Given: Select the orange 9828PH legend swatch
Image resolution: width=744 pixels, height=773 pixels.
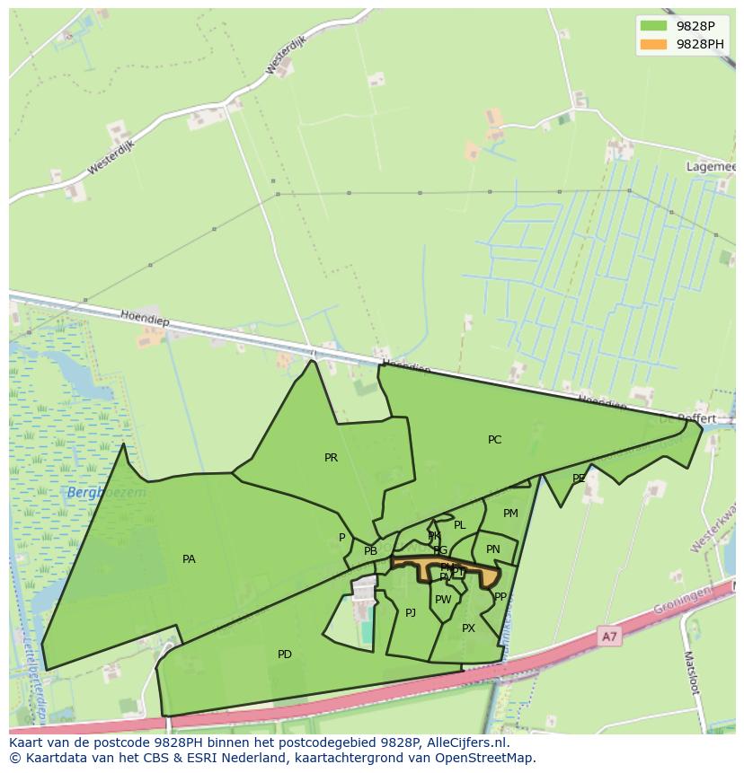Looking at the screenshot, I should point(653,44).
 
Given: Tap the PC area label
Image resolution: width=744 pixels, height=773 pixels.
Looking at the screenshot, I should point(494,440).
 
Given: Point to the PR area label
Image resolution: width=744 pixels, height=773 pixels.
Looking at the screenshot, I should point(331,458).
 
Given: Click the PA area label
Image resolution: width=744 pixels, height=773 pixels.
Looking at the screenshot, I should point(189,559).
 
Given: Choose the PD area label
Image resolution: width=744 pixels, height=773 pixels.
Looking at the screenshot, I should point(284,654).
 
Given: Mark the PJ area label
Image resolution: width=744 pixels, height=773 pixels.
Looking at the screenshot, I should point(411,613).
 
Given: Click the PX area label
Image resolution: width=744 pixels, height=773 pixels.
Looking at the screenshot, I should point(468,628).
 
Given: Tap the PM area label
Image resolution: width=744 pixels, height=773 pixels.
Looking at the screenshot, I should point(510,514).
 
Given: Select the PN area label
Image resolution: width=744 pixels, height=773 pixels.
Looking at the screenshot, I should point(492,549).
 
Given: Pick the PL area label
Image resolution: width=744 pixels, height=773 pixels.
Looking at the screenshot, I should point(459,525).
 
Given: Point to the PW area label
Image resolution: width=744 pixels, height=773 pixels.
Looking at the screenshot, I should point(443,600).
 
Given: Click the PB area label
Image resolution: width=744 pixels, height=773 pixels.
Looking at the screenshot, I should point(370,551).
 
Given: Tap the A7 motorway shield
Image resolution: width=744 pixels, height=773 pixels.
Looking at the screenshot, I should point(609,637).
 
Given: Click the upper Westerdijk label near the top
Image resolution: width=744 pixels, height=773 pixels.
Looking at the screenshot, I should point(286,57).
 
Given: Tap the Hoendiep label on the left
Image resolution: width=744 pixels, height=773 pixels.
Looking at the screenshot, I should point(144,317).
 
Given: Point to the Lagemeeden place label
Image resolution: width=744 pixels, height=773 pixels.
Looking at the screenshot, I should point(711,167).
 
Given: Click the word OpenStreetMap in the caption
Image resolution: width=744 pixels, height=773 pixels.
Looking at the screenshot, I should point(485,758).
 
